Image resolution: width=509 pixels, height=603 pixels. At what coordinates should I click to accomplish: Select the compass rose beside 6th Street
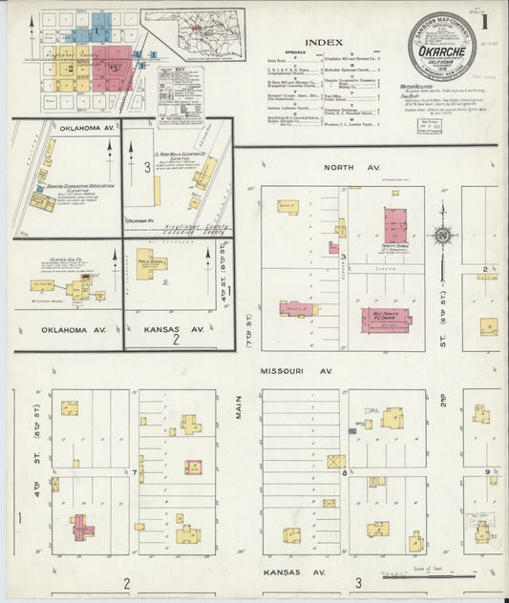pos(444,235)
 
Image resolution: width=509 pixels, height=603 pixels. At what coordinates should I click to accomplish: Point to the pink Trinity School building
pos(395,228)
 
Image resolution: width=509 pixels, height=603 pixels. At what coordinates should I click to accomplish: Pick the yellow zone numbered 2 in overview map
pos(71,69)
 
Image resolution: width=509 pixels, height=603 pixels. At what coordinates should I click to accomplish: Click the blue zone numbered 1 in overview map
pos(96,31)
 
